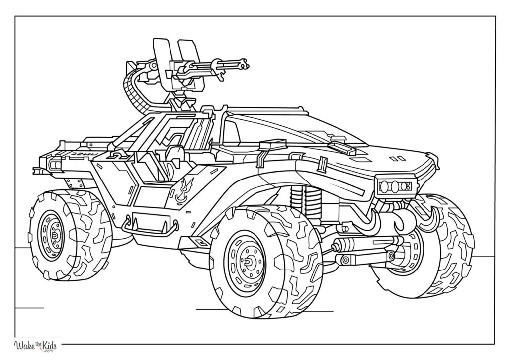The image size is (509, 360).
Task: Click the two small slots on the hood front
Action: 397,159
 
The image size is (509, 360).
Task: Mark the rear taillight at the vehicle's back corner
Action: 54,163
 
